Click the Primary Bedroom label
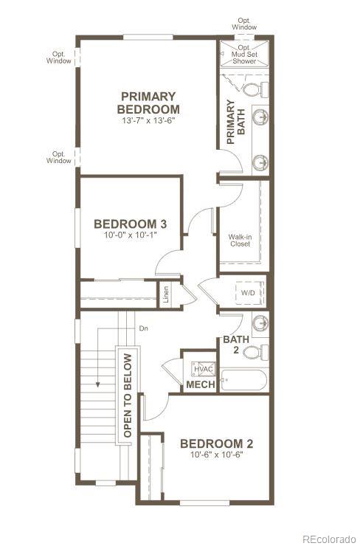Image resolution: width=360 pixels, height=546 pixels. tap(149, 103)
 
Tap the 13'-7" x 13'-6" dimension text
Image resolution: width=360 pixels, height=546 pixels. tap(149, 120)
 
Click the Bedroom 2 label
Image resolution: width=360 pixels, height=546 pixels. tap(217, 443)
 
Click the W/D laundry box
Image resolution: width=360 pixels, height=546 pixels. tap(249, 293)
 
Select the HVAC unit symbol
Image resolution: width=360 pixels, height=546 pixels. tap(203, 368)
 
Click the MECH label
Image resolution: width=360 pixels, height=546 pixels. tap(201, 385)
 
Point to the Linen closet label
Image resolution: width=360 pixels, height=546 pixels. tap(167, 294)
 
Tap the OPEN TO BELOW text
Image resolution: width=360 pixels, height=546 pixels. tap(128, 394)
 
